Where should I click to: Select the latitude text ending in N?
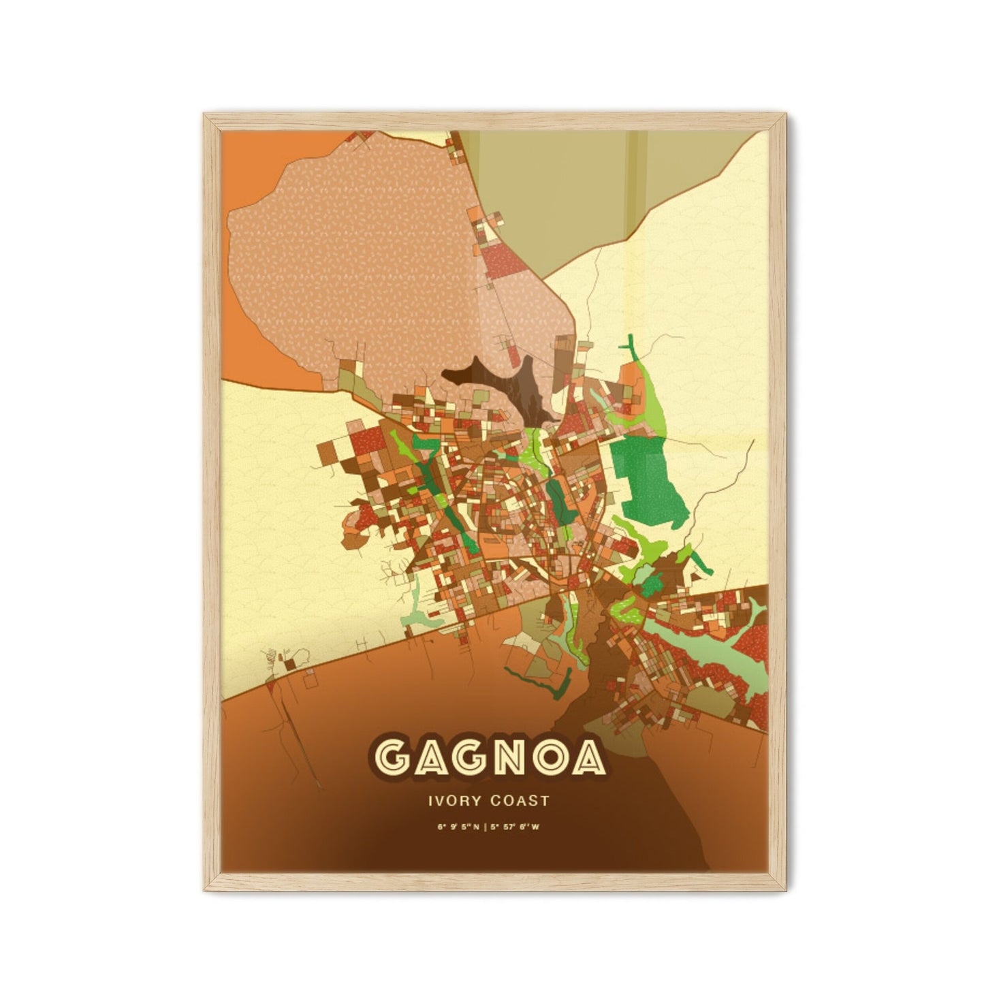460,827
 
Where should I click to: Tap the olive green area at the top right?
579,184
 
